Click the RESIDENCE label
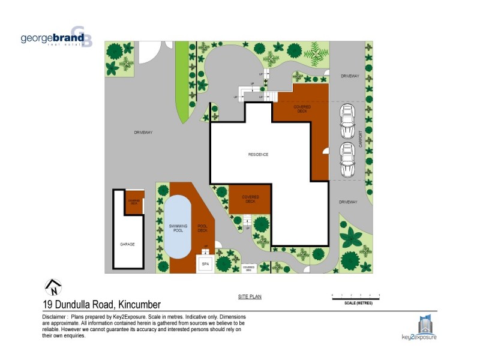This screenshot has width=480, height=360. [258, 155]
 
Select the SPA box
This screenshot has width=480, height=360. [205, 263]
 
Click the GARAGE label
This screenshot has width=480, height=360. [127, 244]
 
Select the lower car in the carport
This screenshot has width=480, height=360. [347, 158]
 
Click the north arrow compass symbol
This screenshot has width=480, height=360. [53, 287]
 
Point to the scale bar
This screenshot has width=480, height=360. [356, 296]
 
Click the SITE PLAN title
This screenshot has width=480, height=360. [249, 297]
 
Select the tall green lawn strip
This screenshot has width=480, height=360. [181, 78]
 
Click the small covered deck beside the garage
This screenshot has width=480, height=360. [133, 202]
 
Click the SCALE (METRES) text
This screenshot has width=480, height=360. [356, 303]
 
